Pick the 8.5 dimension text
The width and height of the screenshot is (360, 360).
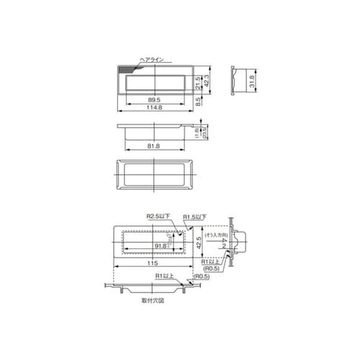point(199,102)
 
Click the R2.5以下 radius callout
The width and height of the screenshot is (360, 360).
point(156,215)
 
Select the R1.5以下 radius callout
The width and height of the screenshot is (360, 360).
point(194,216)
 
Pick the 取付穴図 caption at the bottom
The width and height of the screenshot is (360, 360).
point(154,303)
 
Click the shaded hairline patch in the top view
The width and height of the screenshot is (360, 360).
point(129,68)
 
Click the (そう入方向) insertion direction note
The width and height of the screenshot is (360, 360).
point(215,235)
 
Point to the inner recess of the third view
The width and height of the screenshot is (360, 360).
point(156,176)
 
